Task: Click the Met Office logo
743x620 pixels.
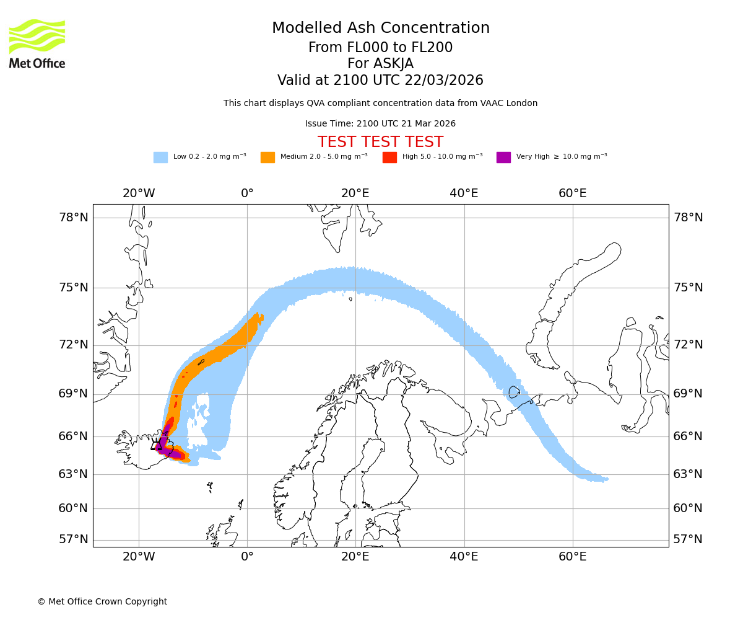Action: [x=37, y=43]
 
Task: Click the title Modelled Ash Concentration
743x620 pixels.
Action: [x=381, y=28]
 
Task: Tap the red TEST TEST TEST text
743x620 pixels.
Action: [x=380, y=142]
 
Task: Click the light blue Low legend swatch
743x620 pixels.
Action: [x=160, y=157]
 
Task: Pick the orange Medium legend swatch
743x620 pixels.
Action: [x=267, y=157]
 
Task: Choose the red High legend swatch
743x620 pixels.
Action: [x=389, y=157]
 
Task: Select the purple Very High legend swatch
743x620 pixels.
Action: [x=503, y=157]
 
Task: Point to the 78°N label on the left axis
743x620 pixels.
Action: [x=74, y=218]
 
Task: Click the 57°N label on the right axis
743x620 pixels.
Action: [x=688, y=539]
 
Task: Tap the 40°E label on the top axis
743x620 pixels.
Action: [x=464, y=193]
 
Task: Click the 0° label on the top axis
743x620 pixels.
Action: [x=247, y=193]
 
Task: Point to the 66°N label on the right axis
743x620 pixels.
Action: [x=688, y=436]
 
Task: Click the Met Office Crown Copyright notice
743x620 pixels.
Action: [x=102, y=601]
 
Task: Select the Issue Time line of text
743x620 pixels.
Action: [x=380, y=124]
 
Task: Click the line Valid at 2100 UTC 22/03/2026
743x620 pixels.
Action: [x=380, y=81]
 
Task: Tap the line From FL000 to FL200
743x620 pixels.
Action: [x=380, y=48]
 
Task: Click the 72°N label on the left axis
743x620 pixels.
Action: [x=74, y=345]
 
